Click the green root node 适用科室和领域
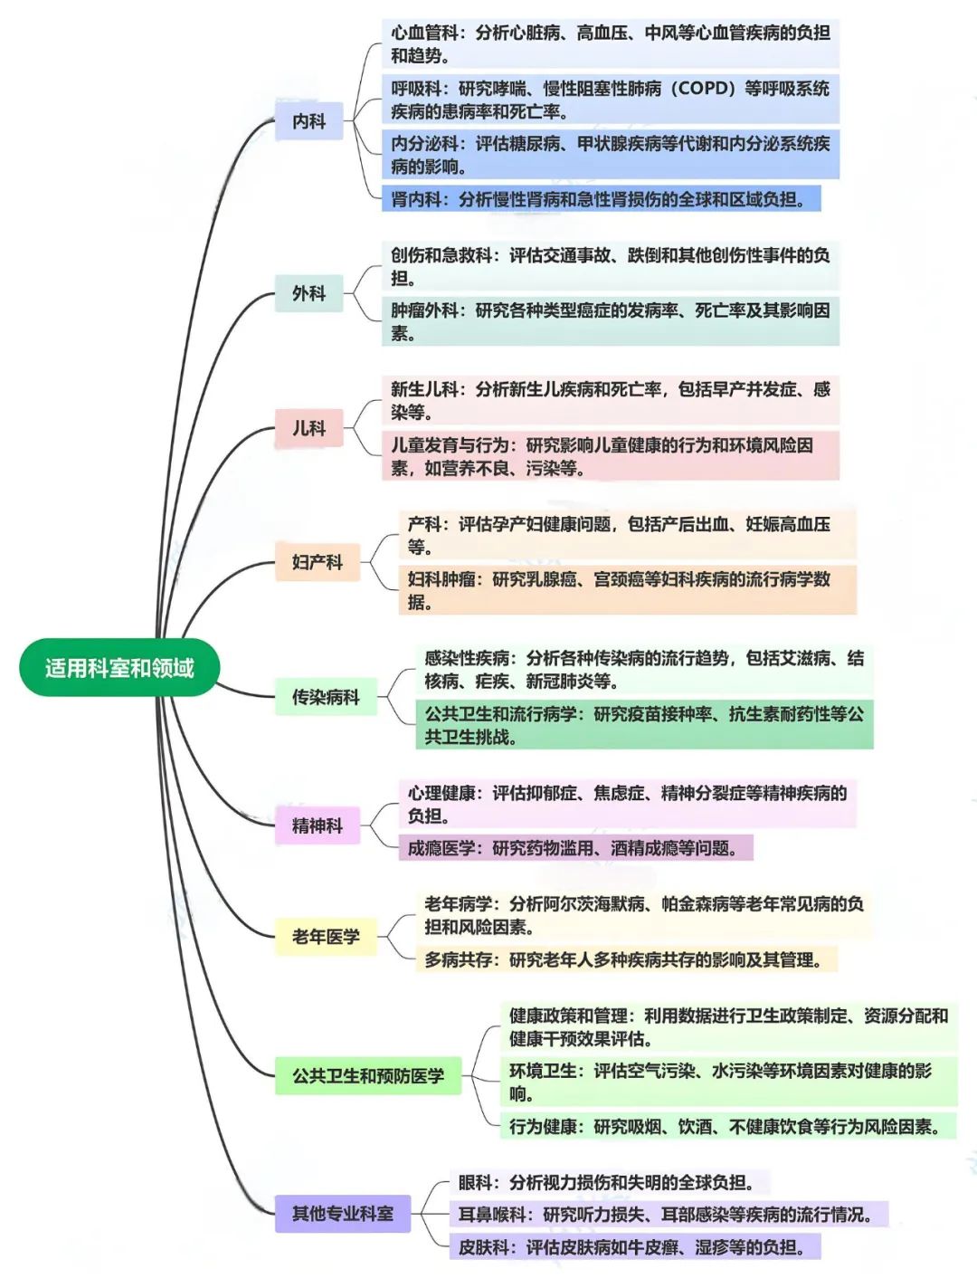119,668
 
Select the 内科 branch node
308,121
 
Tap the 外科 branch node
308,293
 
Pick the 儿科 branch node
308,428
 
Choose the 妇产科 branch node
317,562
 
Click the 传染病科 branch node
326,697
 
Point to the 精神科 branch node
317,825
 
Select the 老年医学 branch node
326,937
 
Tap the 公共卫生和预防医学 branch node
367,1076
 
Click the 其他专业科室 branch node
342,1214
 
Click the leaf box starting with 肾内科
601,199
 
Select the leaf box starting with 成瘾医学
575,848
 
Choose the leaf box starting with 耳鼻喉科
668,1215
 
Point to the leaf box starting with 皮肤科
633,1247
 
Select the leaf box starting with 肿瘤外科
610,321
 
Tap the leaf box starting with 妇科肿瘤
626,590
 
